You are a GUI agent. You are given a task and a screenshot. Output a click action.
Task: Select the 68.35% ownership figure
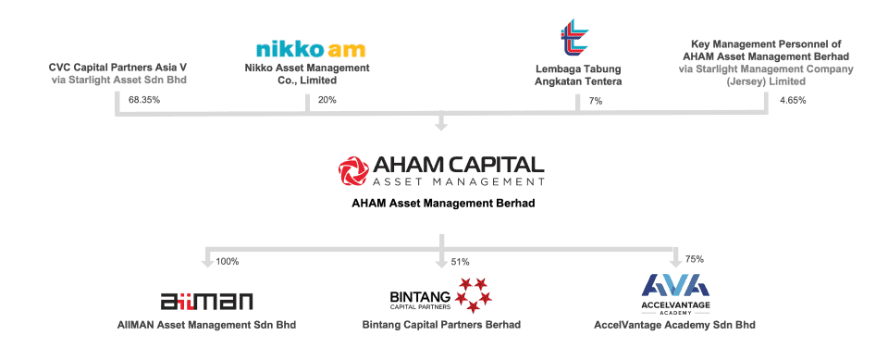(x=145, y=100)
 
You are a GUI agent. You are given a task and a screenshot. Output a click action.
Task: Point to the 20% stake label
(x=327, y=100)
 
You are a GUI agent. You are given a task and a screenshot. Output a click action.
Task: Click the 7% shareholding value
(x=595, y=100)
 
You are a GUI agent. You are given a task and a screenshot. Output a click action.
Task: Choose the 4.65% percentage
(x=793, y=100)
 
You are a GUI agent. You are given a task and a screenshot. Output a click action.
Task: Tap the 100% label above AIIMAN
(x=227, y=262)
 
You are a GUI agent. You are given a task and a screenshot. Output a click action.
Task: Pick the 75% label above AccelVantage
(x=695, y=262)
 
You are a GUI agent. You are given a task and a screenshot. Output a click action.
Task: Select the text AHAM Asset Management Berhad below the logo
(x=443, y=203)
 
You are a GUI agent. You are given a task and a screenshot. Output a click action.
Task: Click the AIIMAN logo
(x=206, y=301)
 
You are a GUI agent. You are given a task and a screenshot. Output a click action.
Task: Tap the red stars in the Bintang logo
(x=475, y=294)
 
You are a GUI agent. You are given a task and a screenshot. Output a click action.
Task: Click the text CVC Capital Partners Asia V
(x=117, y=68)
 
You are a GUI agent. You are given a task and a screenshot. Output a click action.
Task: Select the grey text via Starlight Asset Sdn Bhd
(x=117, y=81)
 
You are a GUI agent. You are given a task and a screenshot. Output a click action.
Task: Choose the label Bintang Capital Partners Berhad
(x=441, y=325)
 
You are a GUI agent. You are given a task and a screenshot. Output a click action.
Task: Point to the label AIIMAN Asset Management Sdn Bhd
(x=207, y=325)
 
